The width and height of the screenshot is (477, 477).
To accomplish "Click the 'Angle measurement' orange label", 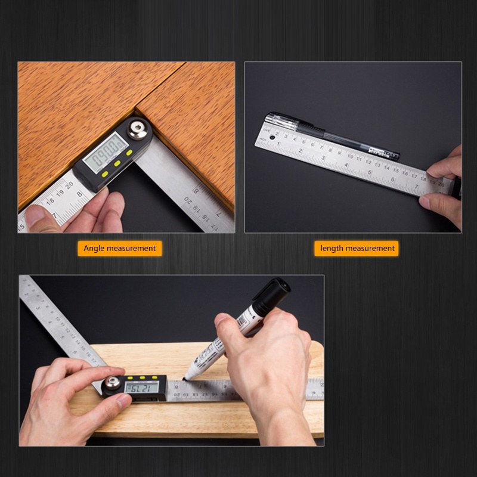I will (119, 248).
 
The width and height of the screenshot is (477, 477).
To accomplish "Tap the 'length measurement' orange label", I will (357, 248).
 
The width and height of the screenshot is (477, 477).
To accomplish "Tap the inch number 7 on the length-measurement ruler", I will (416, 187).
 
